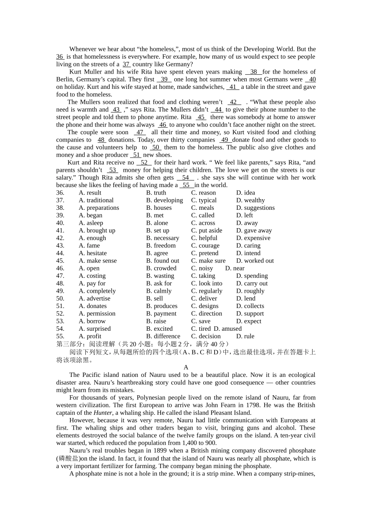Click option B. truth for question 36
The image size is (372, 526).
point(156,193)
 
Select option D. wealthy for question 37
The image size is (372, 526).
point(251,200)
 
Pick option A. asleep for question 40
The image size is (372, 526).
point(91,223)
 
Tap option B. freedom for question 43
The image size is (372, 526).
point(161,245)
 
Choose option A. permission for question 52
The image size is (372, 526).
point(97,313)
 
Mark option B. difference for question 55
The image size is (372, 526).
point(163,336)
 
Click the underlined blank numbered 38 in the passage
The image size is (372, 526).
point(254,72)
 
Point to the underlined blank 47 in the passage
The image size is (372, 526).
point(140,132)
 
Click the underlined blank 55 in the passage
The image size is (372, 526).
point(186,185)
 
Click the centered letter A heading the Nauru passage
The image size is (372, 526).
point(186,367)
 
